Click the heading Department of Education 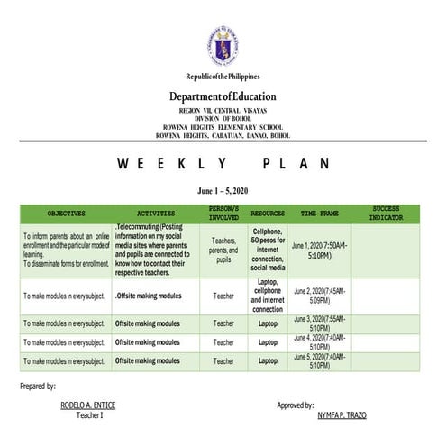[223, 96]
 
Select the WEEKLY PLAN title [223, 163]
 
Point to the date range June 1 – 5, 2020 [223, 192]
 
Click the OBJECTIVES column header [66, 214]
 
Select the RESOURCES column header [268, 214]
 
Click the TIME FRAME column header [319, 214]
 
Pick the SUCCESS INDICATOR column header [385, 214]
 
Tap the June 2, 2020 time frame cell [319, 295]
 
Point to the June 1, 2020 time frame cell [319, 250]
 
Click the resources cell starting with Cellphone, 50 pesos [268, 250]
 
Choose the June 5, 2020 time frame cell [319, 360]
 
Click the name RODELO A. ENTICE [89, 405]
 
